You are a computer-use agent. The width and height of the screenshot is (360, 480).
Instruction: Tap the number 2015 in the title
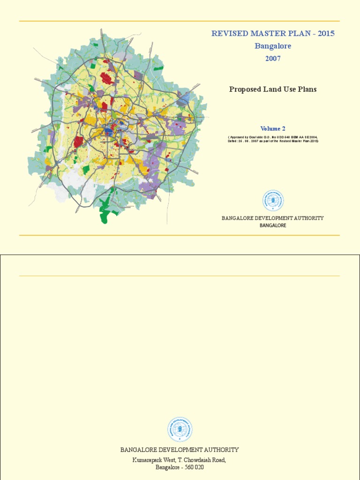[x=326, y=34]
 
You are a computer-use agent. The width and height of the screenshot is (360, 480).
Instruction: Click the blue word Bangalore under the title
[x=273, y=46]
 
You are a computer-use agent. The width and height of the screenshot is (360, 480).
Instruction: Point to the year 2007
[x=273, y=59]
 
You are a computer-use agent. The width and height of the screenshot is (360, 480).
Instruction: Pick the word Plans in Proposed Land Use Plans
[x=306, y=89]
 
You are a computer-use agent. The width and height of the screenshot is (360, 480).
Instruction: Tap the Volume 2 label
[x=273, y=128]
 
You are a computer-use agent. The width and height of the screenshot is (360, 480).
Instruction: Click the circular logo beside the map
[x=273, y=201]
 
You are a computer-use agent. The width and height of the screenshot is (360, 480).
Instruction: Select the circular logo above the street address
[x=180, y=430]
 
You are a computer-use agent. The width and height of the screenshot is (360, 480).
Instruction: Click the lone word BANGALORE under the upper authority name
[x=273, y=225]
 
